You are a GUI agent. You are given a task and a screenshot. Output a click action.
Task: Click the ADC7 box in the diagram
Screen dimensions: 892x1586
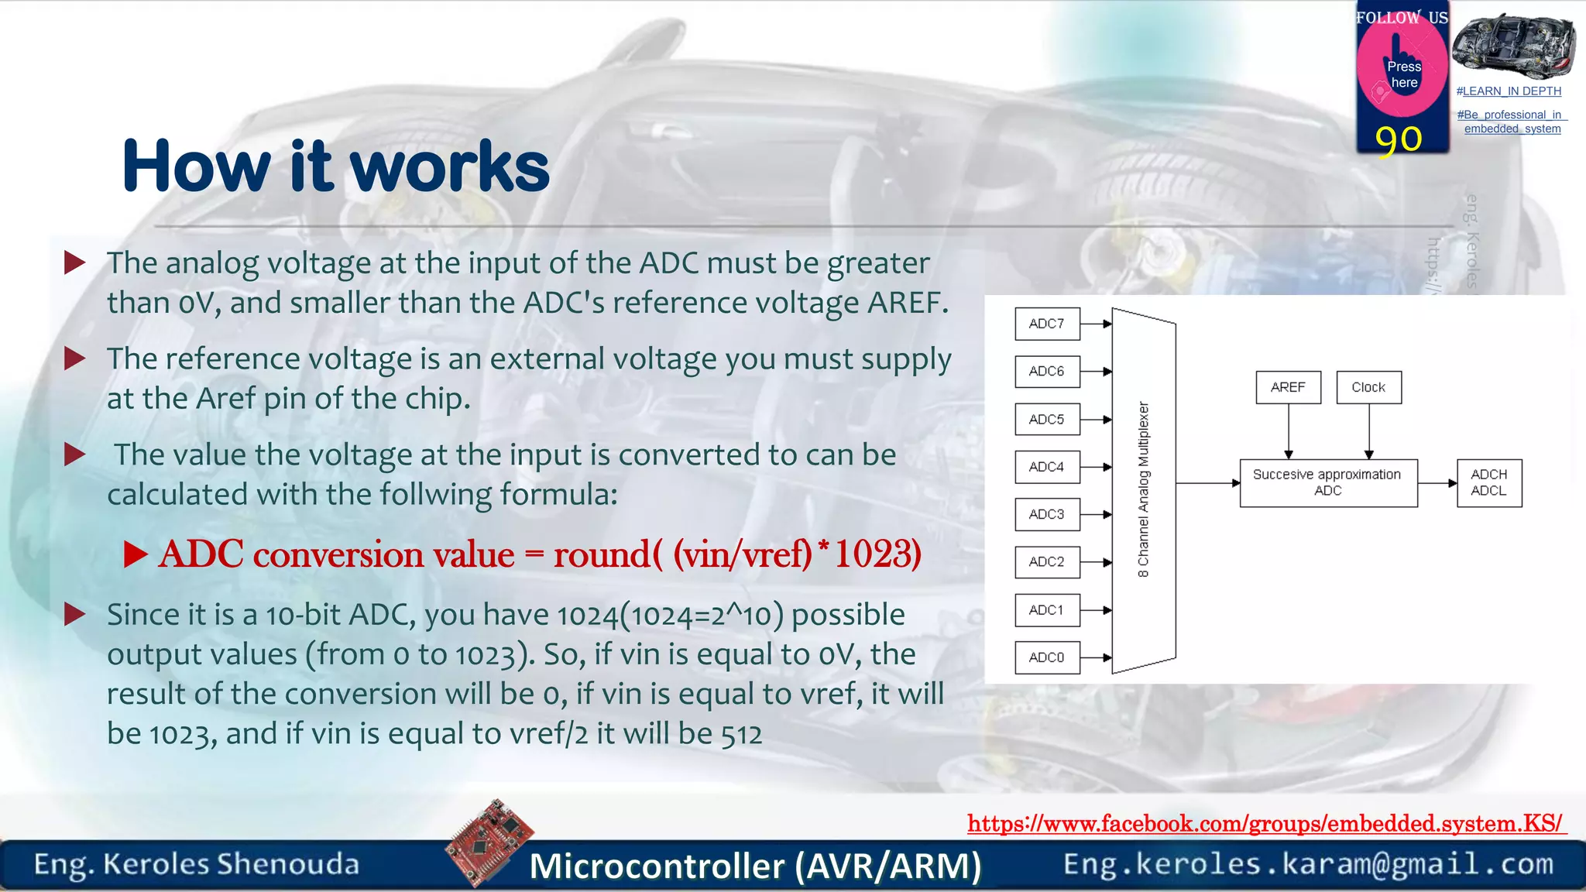[x=1047, y=324]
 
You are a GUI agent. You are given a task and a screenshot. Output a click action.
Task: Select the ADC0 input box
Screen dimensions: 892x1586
[x=1047, y=657]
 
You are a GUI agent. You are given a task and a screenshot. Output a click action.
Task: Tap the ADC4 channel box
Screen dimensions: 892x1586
[x=1047, y=467]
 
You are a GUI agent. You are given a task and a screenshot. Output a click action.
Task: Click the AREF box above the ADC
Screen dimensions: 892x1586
[x=1288, y=387]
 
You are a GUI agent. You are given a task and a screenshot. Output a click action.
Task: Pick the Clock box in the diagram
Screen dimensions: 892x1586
[x=1368, y=387]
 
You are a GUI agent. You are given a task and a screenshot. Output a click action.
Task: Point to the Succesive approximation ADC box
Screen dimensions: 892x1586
[x=1327, y=482]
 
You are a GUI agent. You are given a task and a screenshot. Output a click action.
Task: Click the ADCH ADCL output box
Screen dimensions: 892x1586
[x=1488, y=482]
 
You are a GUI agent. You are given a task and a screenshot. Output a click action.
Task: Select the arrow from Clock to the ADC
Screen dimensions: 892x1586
[x=1368, y=431]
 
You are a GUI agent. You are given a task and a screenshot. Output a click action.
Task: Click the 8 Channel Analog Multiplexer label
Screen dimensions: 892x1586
[x=1144, y=489]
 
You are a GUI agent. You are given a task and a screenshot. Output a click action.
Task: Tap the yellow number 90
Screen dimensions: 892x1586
[x=1399, y=139]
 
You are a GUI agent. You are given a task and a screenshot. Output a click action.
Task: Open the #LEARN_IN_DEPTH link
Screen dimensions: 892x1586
[x=1509, y=91]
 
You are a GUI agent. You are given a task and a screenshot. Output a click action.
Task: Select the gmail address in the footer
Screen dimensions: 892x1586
[x=1308, y=864]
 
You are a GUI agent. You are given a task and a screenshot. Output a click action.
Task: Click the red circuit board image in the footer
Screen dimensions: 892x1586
[x=489, y=842]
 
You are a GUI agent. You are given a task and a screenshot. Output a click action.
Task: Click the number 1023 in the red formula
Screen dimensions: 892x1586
[x=877, y=554]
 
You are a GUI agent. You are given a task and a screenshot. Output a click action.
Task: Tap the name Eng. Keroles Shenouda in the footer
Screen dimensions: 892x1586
[x=197, y=864]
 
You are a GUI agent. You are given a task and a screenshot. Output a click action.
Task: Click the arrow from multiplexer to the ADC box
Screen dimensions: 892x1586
[x=1207, y=483]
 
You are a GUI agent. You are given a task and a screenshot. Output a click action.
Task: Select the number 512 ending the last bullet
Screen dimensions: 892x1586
[x=741, y=734]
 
